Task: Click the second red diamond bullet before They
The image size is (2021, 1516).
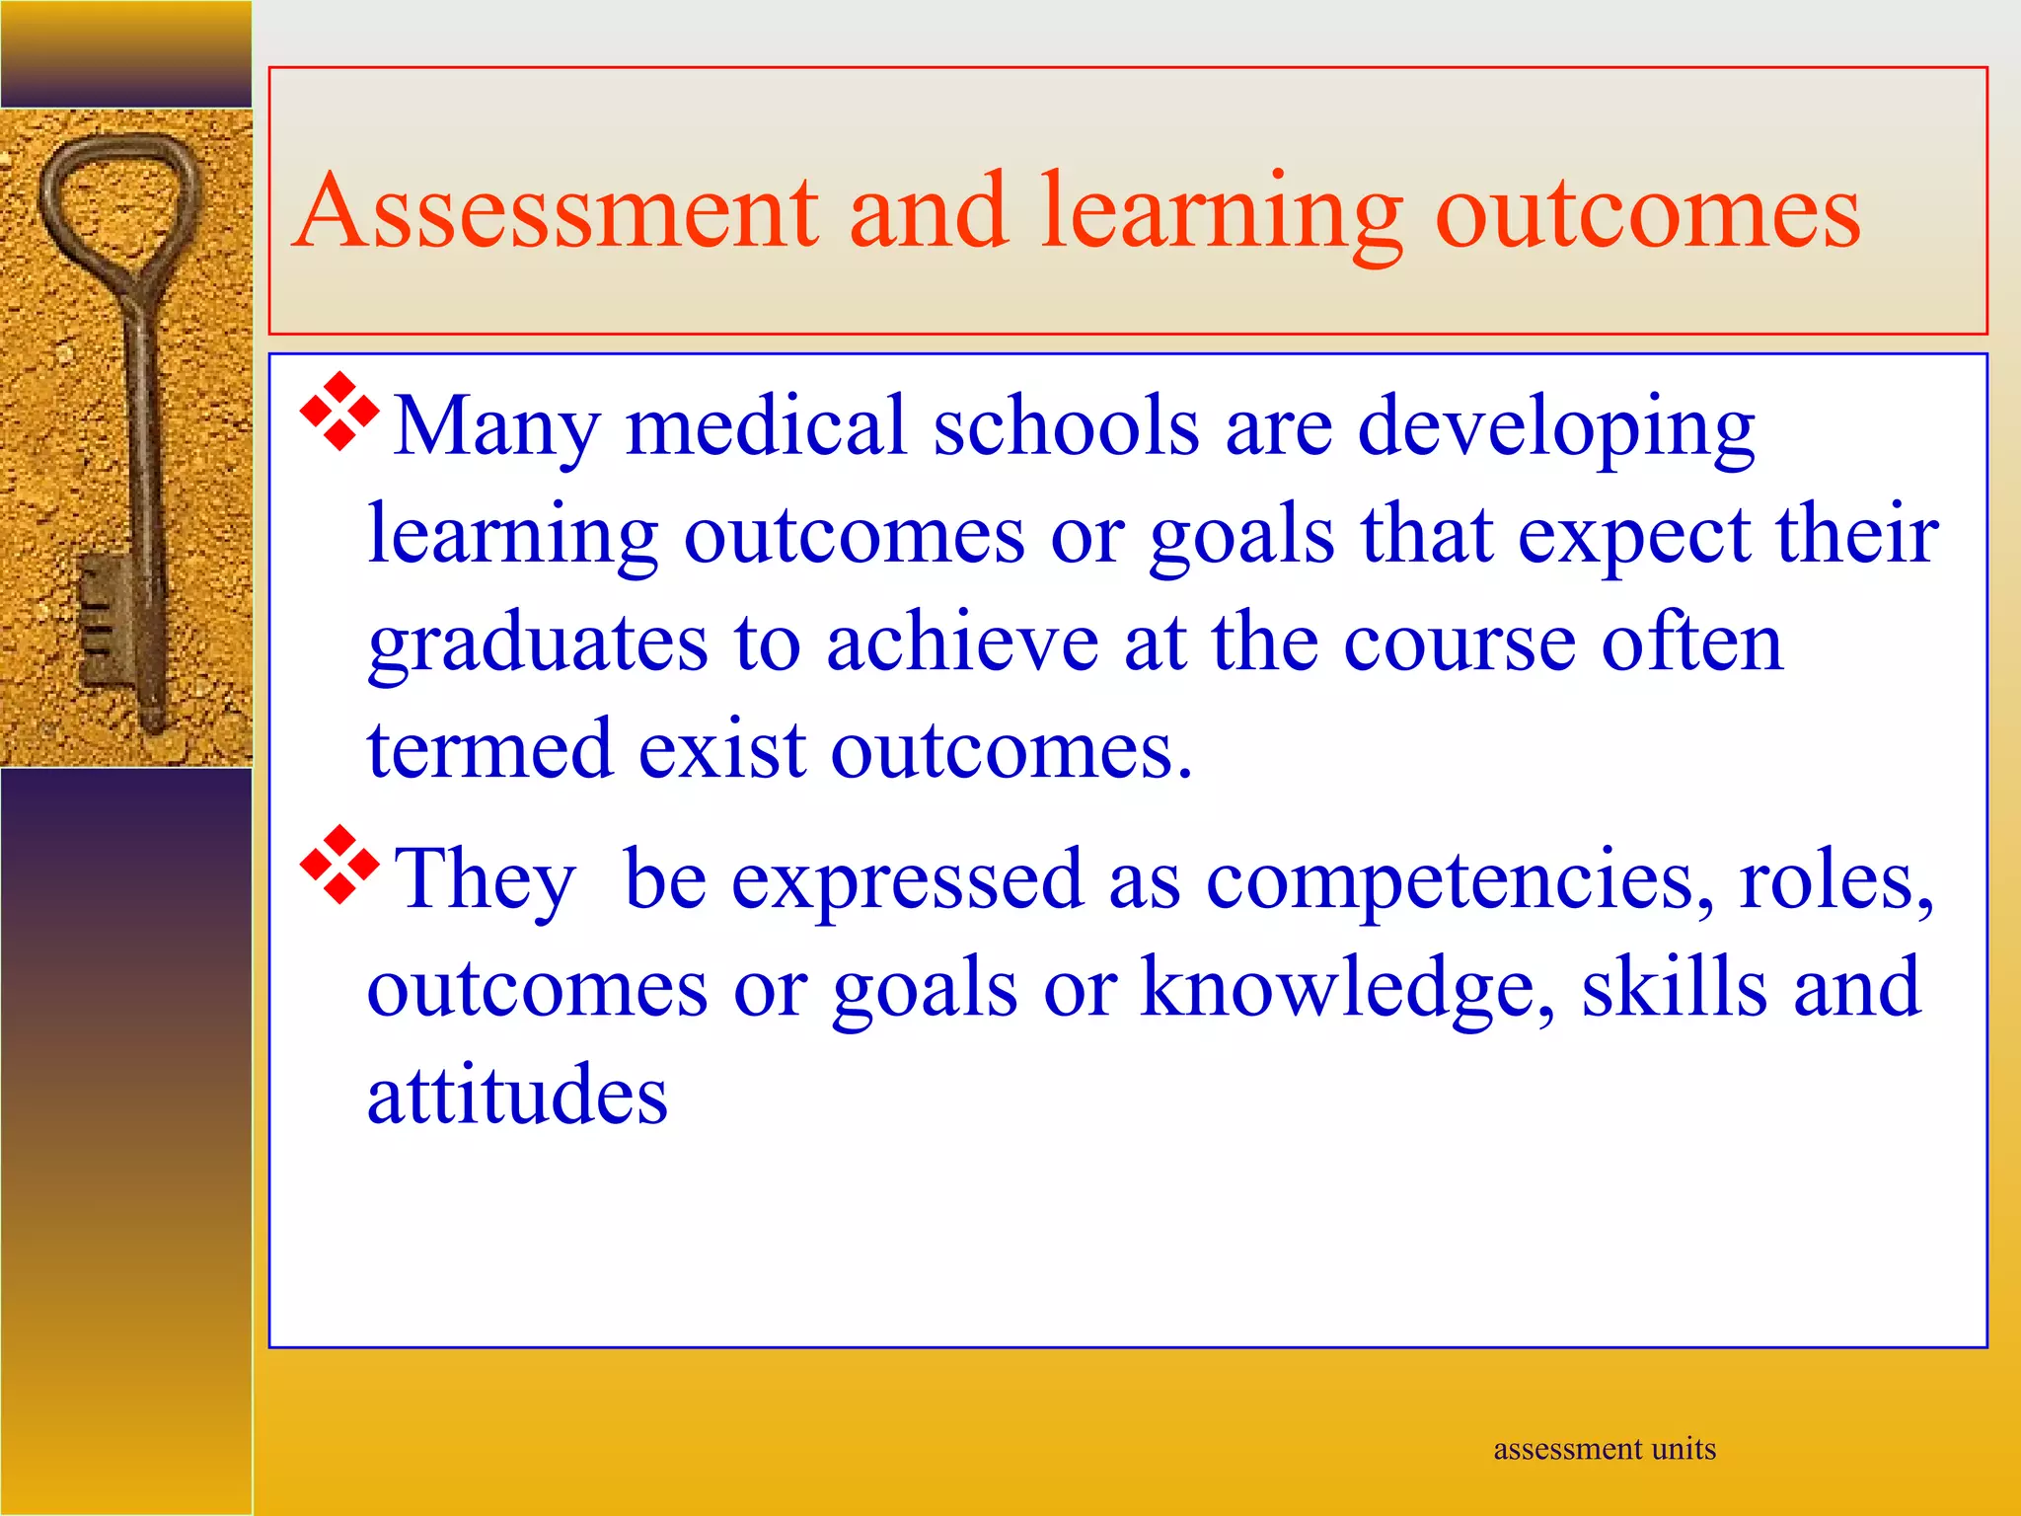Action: (x=338, y=866)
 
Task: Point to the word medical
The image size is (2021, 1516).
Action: (x=766, y=426)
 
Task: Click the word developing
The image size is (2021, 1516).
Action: (x=1555, y=426)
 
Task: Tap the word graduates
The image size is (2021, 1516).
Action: (x=538, y=644)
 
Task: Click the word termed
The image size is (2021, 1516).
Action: (x=489, y=750)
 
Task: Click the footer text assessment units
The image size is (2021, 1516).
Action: (x=1605, y=1449)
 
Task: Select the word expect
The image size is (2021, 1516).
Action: (x=1633, y=535)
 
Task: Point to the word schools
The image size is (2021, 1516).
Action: (x=1066, y=426)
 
